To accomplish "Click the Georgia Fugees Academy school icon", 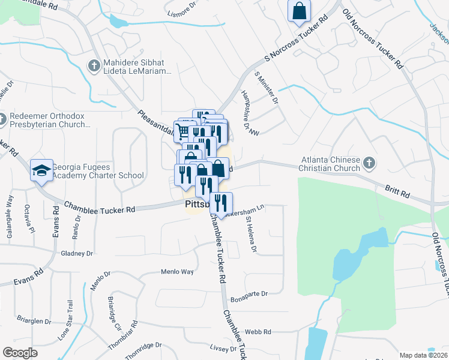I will [41, 170].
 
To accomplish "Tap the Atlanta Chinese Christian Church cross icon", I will [370, 162].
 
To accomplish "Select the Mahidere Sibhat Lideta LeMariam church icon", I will [93, 65].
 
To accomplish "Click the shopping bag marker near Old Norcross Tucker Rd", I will [298, 11].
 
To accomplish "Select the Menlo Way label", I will [177, 272].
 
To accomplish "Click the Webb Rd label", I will [258, 332].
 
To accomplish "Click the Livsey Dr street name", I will [224, 349].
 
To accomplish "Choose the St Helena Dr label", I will [251, 235].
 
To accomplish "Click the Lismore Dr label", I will [182, 12].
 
